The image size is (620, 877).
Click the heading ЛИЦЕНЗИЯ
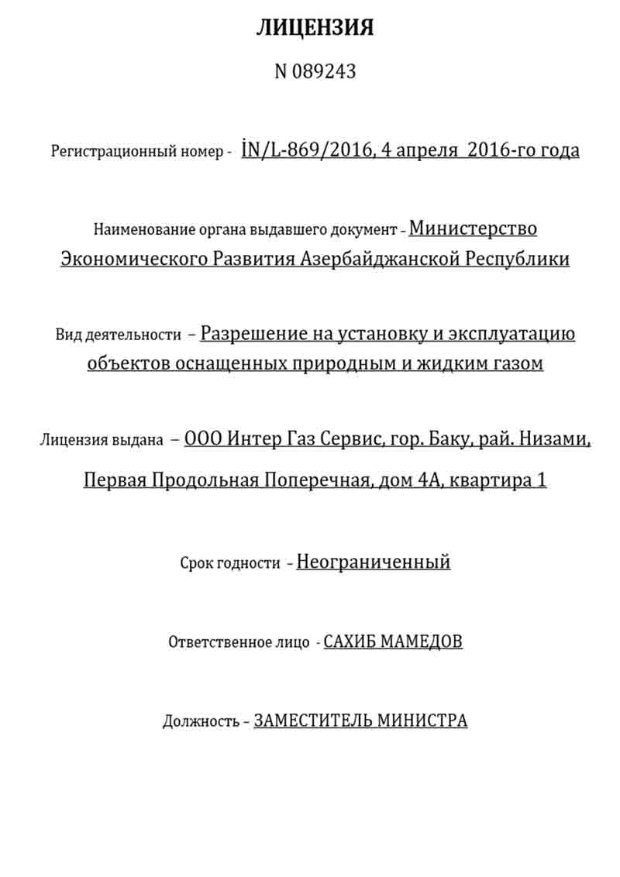[x=315, y=29]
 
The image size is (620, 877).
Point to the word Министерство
[x=473, y=229]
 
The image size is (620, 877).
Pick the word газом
[x=518, y=363]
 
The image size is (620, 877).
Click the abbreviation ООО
[x=201, y=439]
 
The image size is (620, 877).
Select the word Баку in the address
[x=448, y=439]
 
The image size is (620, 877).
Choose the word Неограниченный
[x=373, y=562]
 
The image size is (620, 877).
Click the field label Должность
[x=200, y=721]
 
